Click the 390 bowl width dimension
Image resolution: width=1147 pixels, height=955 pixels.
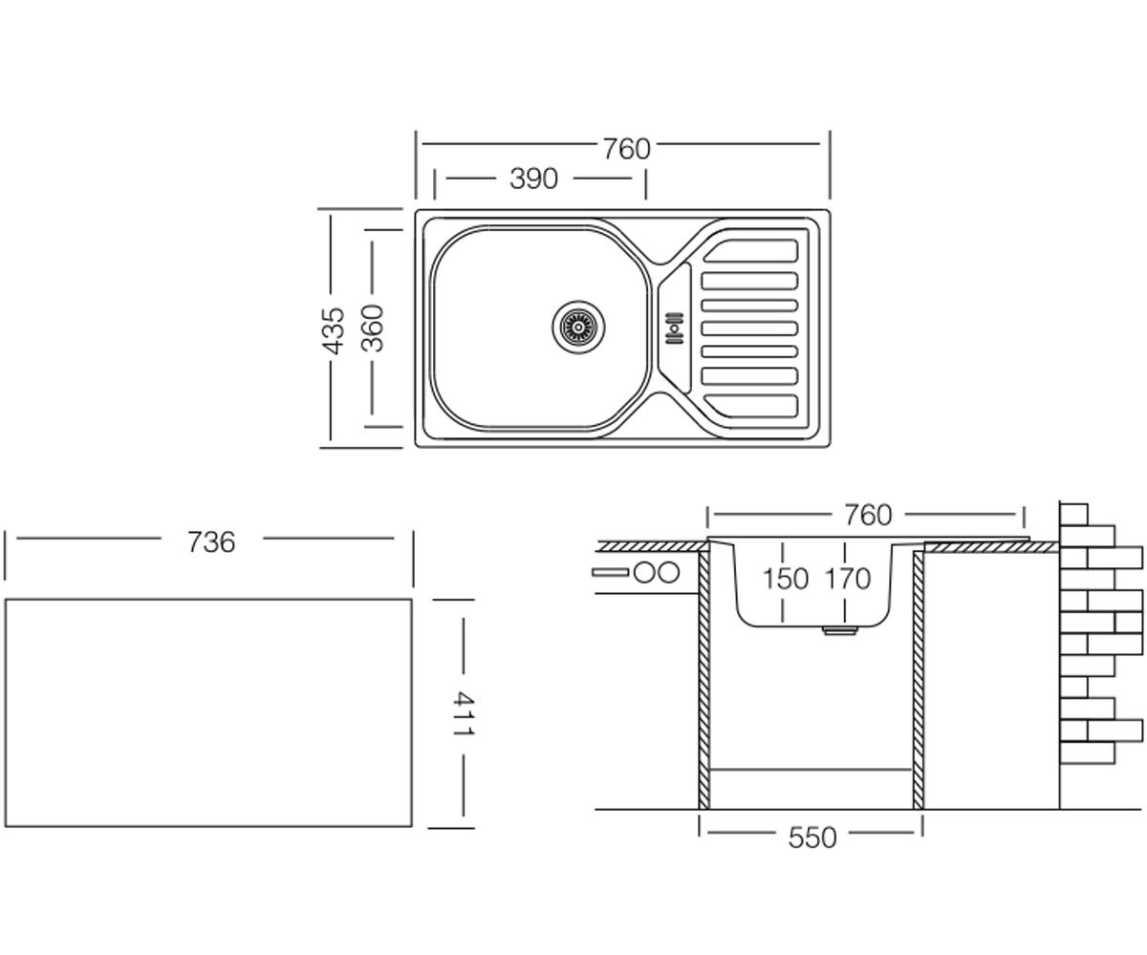[x=533, y=179]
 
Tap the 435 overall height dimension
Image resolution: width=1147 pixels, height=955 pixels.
[x=334, y=330]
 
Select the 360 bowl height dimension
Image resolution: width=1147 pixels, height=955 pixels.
[x=373, y=329]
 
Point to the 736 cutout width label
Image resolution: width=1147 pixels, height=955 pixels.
[x=211, y=542]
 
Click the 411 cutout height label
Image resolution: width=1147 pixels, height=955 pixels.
[x=463, y=713]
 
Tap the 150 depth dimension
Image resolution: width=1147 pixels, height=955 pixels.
[x=786, y=579]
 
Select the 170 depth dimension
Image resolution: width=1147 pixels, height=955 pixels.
[x=848, y=579]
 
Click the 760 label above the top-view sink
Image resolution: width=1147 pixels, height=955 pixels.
[x=627, y=149]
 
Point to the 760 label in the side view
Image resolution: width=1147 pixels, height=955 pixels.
[x=868, y=515]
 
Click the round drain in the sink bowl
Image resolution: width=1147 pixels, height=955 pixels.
[x=578, y=328]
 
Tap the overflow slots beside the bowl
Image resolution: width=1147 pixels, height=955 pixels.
[x=674, y=329]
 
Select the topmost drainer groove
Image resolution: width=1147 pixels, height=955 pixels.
[x=750, y=251]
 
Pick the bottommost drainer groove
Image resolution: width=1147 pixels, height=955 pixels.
[x=750, y=406]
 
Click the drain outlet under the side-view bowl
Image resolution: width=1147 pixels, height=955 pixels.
[x=839, y=630]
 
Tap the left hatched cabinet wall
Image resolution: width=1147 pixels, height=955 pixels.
[x=704, y=680]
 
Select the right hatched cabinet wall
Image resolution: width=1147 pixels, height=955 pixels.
[x=918, y=680]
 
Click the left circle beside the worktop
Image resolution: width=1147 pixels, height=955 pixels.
[x=643, y=573]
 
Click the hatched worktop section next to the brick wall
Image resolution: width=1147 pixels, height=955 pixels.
[x=991, y=546]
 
